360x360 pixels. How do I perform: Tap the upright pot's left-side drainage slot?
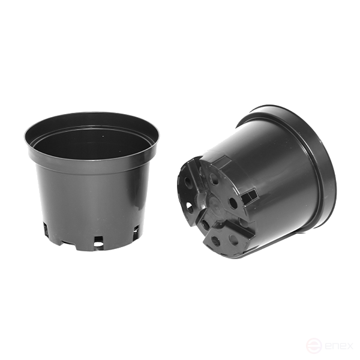click(46, 228)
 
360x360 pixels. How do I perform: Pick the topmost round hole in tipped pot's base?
click(214, 178)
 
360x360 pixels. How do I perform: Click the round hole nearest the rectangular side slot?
click(233, 203)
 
